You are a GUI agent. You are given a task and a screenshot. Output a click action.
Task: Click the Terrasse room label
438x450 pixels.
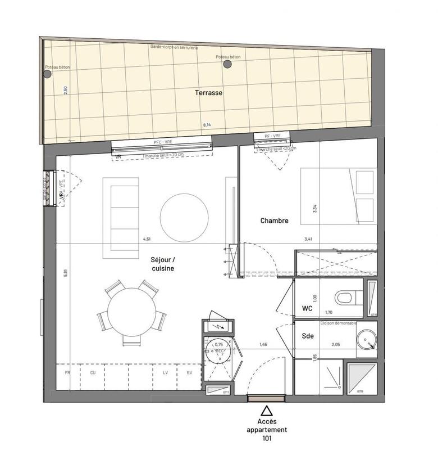tap(209, 93)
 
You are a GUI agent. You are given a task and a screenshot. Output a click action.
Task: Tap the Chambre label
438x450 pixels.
tap(274, 221)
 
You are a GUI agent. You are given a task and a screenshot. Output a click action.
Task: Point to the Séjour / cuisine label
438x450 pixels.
tap(162, 264)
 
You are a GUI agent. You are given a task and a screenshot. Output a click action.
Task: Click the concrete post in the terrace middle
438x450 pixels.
tap(227, 64)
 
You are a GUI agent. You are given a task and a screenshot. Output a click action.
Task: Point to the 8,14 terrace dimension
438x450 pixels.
tap(207, 124)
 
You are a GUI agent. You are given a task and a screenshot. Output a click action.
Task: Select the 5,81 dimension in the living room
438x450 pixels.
tap(66, 272)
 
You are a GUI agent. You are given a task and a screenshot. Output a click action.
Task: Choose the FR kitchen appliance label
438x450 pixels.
tap(67, 372)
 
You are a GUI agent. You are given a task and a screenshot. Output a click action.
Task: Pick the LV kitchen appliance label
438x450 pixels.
tap(166, 372)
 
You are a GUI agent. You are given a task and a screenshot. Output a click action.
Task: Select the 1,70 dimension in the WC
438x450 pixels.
tap(330, 311)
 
